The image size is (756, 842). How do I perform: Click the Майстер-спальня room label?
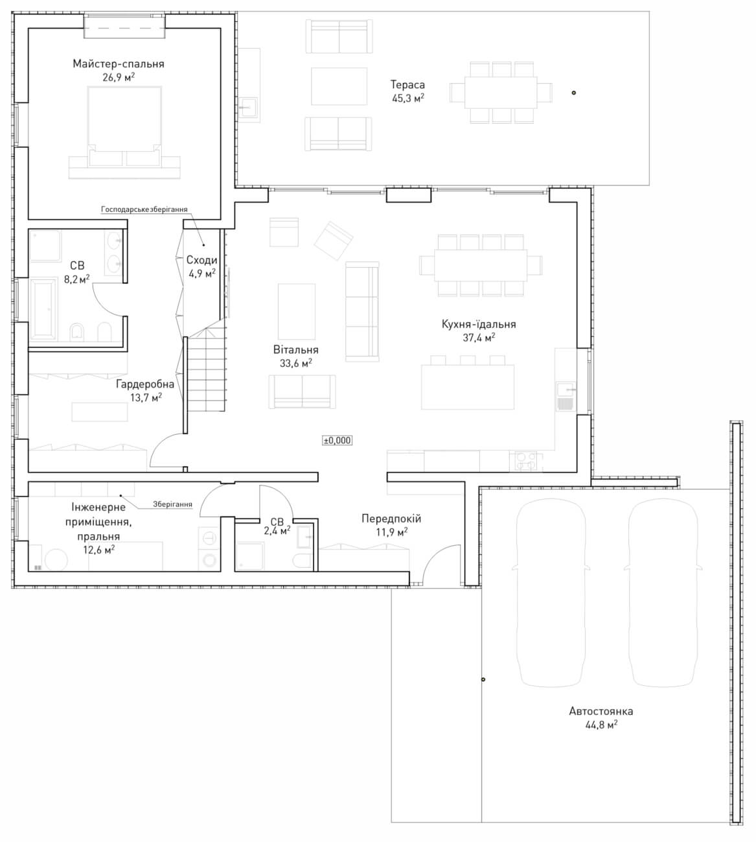(119, 64)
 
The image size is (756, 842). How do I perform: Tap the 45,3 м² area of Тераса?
(408, 98)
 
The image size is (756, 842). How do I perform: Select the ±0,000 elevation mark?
(337, 440)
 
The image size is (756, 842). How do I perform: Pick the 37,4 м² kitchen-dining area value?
(479, 338)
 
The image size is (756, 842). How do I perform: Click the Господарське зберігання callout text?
(144, 209)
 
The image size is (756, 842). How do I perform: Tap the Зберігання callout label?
(172, 504)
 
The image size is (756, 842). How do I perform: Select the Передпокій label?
(391, 519)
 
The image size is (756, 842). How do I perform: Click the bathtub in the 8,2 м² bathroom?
(43, 309)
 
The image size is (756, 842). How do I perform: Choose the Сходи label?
(201, 260)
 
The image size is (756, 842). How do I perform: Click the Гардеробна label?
(145, 384)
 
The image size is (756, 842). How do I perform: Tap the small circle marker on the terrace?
(574, 93)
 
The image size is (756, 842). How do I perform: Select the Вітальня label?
(296, 349)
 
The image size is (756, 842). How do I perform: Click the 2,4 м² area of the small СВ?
(277, 531)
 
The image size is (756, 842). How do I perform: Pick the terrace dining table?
(501, 92)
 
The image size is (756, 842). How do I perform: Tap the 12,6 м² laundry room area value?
(98, 550)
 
